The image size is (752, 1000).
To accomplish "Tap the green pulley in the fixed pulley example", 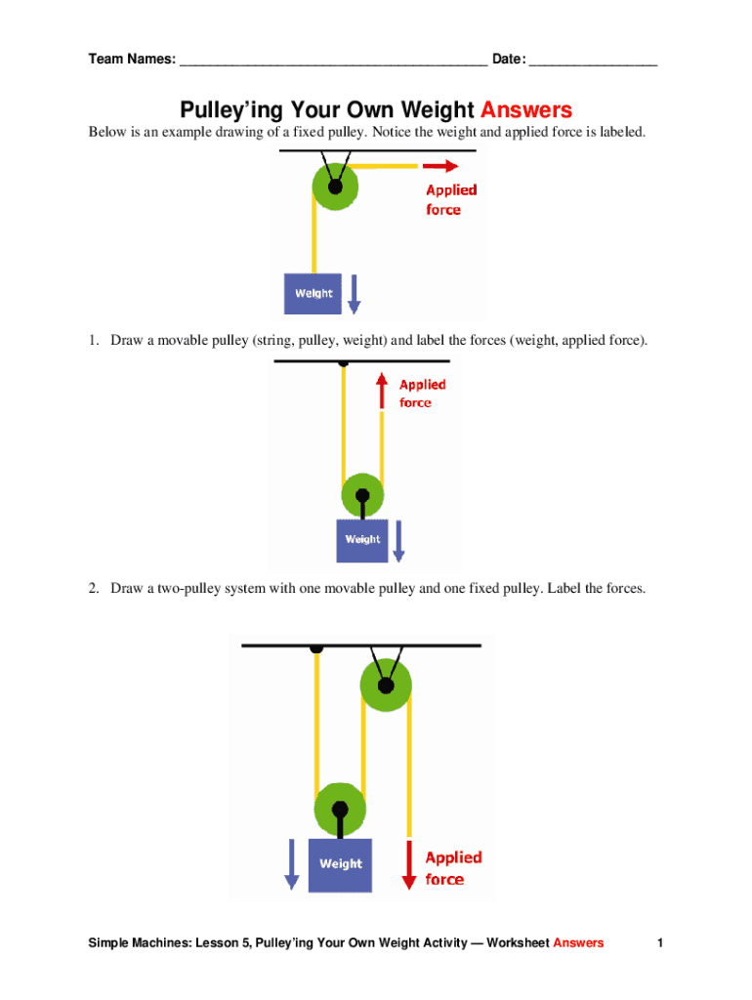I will tap(336, 186).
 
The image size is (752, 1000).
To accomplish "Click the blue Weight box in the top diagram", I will tap(313, 293).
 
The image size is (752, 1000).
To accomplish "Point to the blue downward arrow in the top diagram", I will tap(354, 294).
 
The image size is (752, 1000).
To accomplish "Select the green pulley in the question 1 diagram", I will tap(362, 494).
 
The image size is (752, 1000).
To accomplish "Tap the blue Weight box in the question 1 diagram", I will tap(362, 539).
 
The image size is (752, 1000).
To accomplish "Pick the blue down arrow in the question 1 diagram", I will tap(397, 543).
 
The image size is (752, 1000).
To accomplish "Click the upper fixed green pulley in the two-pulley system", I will tap(386, 686).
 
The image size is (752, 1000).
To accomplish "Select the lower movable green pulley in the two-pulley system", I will tap(340, 809).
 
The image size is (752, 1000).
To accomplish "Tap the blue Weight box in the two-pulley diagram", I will tap(340, 864).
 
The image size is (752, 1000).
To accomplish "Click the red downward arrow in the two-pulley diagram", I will tap(408, 863).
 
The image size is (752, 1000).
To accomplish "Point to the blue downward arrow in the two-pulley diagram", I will tap(291, 864).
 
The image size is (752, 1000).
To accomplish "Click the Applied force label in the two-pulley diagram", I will tap(453, 867).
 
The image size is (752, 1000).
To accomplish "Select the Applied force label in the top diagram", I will tap(450, 199).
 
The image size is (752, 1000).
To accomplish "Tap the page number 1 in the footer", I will tap(660, 942).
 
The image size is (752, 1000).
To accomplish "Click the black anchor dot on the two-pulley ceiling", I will tap(315, 647).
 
